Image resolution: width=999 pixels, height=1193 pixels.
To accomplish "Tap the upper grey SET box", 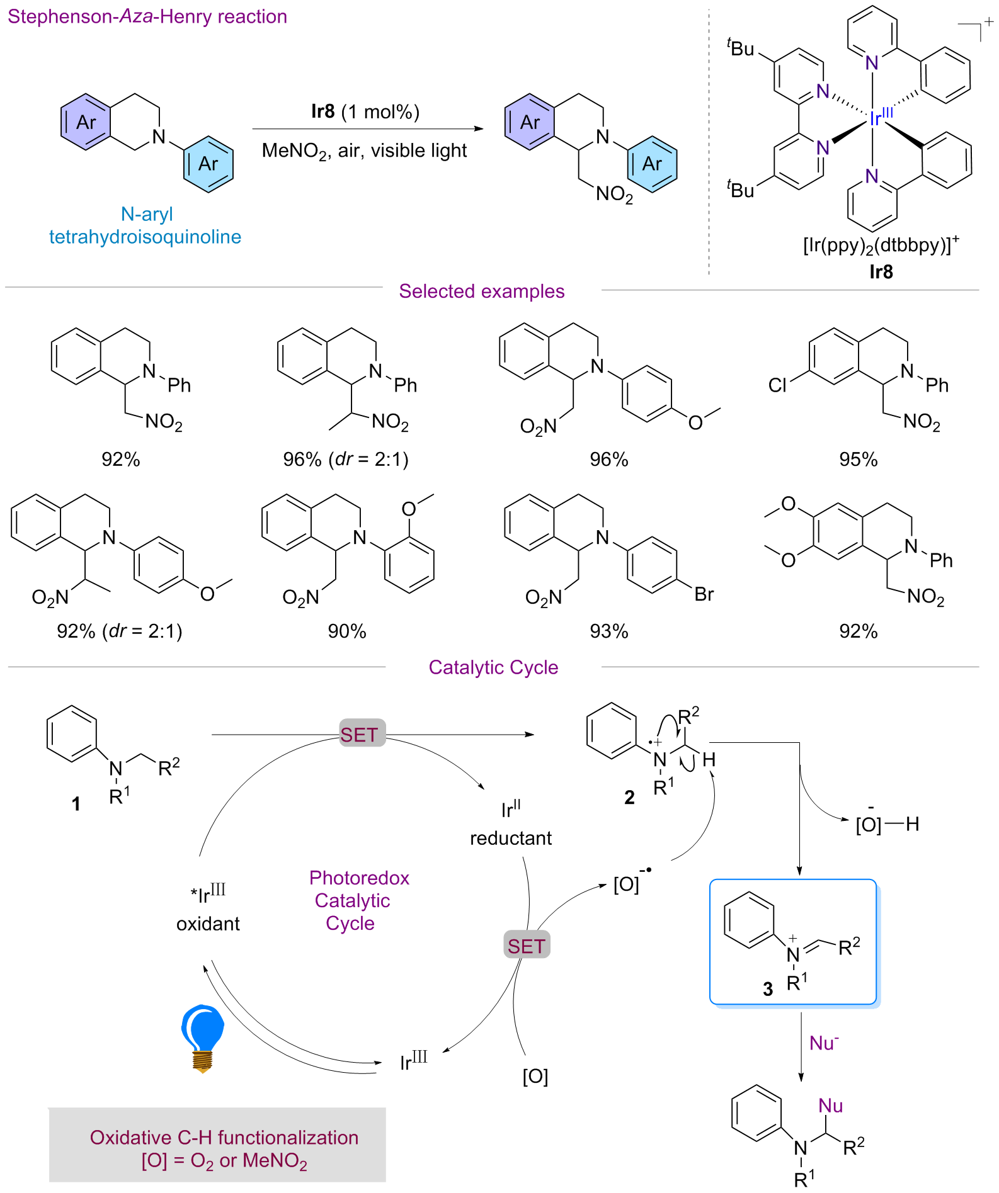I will [362, 733].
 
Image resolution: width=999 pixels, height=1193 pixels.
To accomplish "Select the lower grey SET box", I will [527, 946].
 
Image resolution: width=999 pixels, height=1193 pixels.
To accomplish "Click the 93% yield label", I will [608, 631].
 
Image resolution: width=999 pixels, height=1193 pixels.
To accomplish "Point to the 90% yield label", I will [346, 631].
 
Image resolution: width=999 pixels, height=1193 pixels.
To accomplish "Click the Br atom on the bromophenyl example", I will [704, 594].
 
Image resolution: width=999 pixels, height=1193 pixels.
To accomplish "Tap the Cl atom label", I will [777, 385].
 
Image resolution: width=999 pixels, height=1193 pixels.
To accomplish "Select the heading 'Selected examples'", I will [481, 291].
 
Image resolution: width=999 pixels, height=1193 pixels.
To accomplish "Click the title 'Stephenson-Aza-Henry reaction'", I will [147, 16].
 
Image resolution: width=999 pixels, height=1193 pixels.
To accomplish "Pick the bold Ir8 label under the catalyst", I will [881, 272].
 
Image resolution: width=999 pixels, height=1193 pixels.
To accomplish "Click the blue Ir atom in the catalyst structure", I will [875, 119].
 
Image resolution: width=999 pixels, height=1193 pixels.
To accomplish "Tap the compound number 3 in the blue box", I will [768, 989].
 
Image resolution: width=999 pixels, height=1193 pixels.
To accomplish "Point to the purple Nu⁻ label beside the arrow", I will [824, 1043].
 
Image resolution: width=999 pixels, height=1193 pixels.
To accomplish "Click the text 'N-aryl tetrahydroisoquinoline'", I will [146, 225].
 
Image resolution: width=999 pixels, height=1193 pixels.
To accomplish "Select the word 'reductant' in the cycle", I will [511, 838].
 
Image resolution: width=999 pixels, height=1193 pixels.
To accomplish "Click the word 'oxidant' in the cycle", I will [208, 924].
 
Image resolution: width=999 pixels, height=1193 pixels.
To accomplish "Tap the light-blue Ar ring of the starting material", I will [208, 164].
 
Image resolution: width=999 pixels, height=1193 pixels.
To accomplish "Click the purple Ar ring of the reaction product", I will [530, 122].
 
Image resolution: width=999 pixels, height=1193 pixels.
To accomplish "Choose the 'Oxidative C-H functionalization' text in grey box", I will [224, 1137].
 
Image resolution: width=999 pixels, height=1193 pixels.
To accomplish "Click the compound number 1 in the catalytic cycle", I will [76, 804].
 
